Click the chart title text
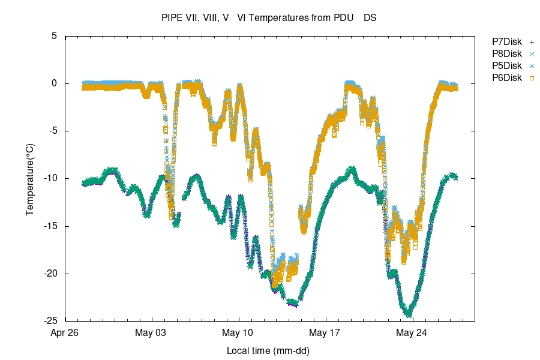(x=269, y=18)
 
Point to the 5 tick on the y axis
(x=54, y=36)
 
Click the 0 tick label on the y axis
(x=54, y=83)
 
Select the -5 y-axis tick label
(x=52, y=131)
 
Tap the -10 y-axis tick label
(x=50, y=178)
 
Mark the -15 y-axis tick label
(x=50, y=226)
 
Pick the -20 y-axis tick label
(x=50, y=274)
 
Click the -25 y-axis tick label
(x=50, y=321)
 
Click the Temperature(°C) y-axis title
(x=29, y=179)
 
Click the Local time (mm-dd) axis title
(x=268, y=350)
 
